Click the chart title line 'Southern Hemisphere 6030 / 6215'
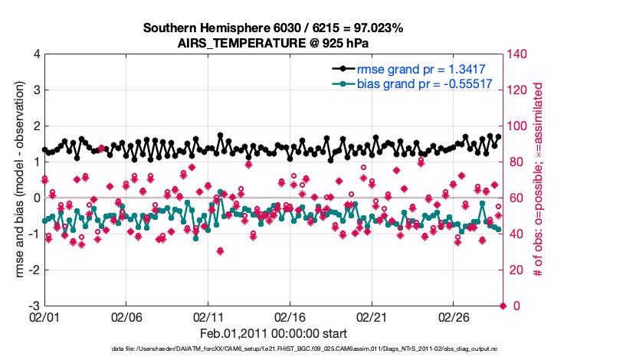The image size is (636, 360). point(274,28)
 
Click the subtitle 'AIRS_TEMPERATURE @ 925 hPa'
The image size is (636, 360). point(274,43)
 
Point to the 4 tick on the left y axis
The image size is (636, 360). point(36,54)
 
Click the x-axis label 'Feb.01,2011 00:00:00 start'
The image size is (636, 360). point(274,333)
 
